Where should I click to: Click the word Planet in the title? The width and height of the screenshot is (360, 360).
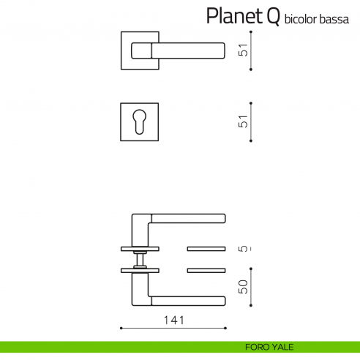pyautogui.click(x=230, y=16)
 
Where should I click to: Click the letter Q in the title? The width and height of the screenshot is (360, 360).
pyautogui.click(x=271, y=15)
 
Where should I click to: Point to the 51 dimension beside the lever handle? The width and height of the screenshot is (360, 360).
pyautogui.click(x=245, y=50)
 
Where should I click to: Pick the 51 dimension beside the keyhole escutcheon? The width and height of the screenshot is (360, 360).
pyautogui.click(x=245, y=121)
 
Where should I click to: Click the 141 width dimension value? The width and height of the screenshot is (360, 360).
pyautogui.click(x=173, y=320)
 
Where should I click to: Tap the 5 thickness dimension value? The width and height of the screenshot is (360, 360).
pyautogui.click(x=245, y=249)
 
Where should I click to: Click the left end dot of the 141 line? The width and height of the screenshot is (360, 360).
pyautogui.click(x=120, y=328)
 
